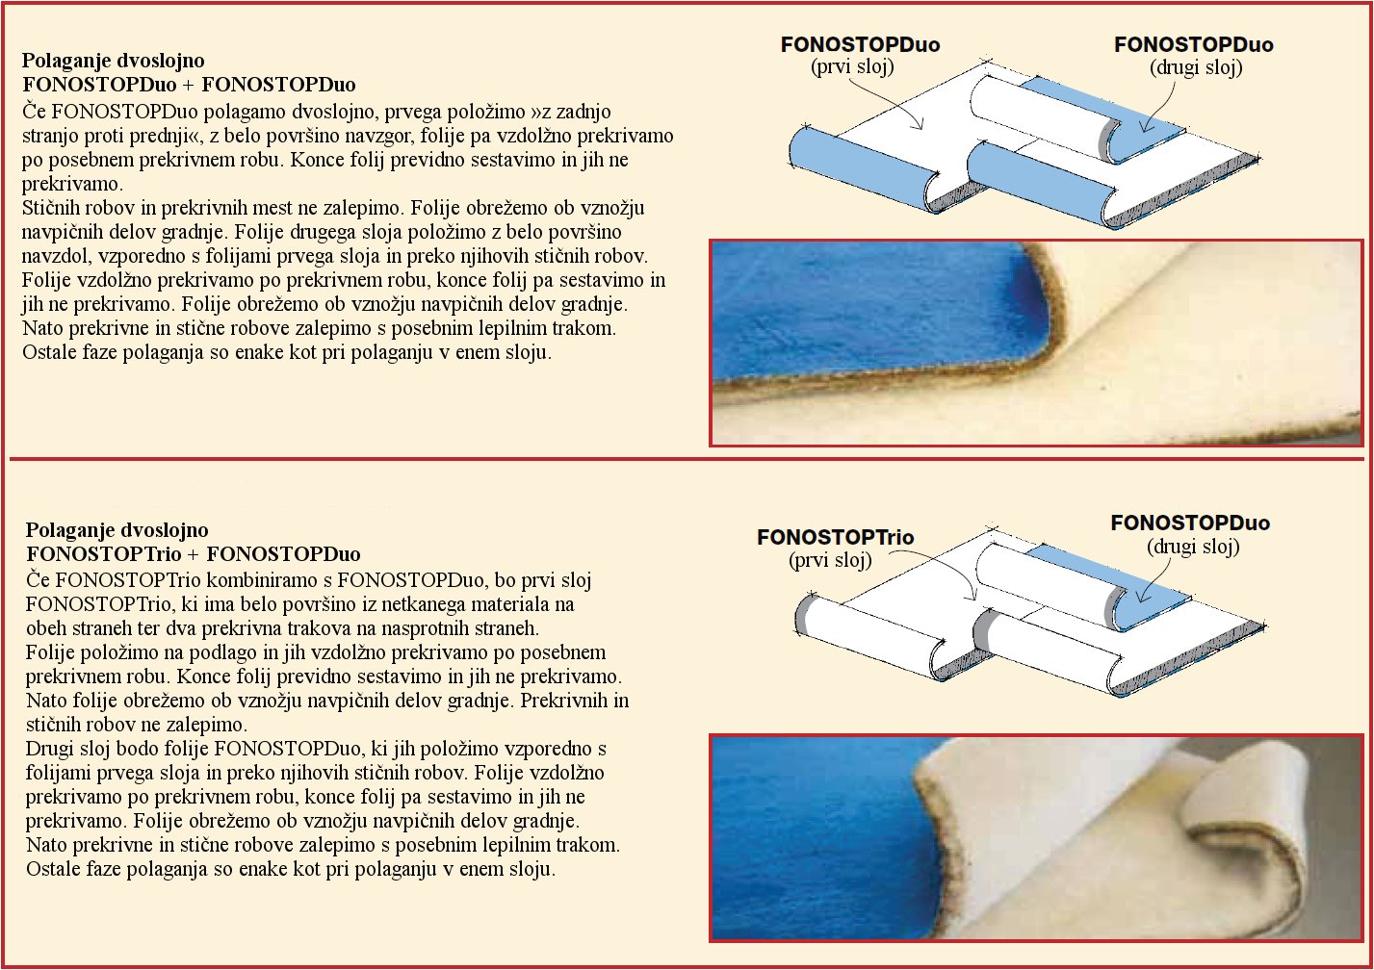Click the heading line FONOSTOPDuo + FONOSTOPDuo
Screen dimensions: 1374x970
[189, 85]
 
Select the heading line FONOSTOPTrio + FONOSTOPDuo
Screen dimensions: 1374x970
[194, 554]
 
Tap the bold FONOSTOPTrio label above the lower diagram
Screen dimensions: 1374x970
[836, 537]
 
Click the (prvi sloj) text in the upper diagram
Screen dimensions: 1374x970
[852, 66]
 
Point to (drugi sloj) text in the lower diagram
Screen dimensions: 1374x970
[1193, 547]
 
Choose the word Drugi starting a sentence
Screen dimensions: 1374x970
[51, 749]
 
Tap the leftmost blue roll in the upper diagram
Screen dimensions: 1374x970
[865, 168]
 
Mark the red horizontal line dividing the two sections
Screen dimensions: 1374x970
[687, 459]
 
